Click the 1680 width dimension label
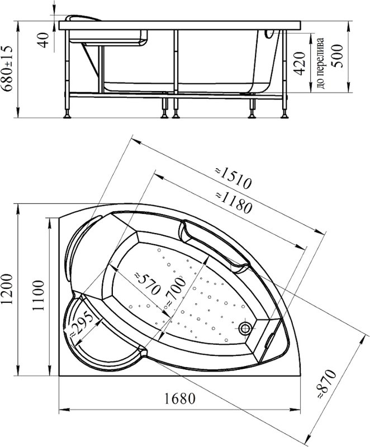[179, 398]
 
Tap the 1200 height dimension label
[7, 289]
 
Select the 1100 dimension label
[38, 296]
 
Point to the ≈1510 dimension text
[233, 178]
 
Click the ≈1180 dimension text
[234, 203]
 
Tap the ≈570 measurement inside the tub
[146, 284]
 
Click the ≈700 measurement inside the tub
[175, 292]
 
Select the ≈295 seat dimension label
[81, 325]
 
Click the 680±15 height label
[7, 68]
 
